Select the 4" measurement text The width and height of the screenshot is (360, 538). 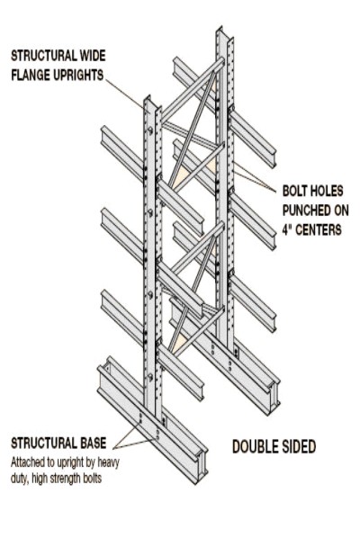(x=287, y=229)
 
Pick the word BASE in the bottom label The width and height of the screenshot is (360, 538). (x=94, y=443)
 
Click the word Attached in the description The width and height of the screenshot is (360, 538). (x=25, y=462)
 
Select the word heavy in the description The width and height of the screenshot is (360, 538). (x=108, y=463)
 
